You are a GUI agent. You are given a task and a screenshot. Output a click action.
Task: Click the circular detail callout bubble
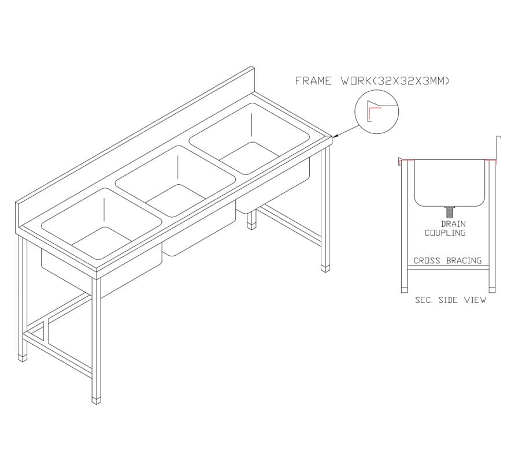(x=376, y=111)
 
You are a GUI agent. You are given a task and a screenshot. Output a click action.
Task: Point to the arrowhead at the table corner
(x=335, y=135)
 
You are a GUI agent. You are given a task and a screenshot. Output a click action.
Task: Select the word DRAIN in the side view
(x=453, y=224)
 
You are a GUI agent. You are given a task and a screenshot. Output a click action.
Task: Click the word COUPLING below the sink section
(x=445, y=233)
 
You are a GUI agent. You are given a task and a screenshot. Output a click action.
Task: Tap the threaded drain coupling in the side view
(x=450, y=212)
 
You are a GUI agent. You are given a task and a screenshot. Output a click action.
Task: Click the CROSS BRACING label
(x=447, y=260)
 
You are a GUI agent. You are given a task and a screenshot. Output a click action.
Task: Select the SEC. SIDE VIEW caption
(x=450, y=300)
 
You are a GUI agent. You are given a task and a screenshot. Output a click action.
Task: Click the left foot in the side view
(x=405, y=290)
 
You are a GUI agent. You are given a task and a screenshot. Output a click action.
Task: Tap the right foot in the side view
(x=492, y=290)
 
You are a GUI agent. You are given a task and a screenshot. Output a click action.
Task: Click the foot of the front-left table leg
(x=96, y=401)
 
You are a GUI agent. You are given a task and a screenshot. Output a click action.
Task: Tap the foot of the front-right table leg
(x=325, y=268)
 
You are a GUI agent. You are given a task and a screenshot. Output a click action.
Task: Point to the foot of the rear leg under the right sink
(x=251, y=226)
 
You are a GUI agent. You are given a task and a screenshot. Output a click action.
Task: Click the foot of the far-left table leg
(x=23, y=358)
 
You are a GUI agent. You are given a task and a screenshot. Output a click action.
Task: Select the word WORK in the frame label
(x=355, y=81)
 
